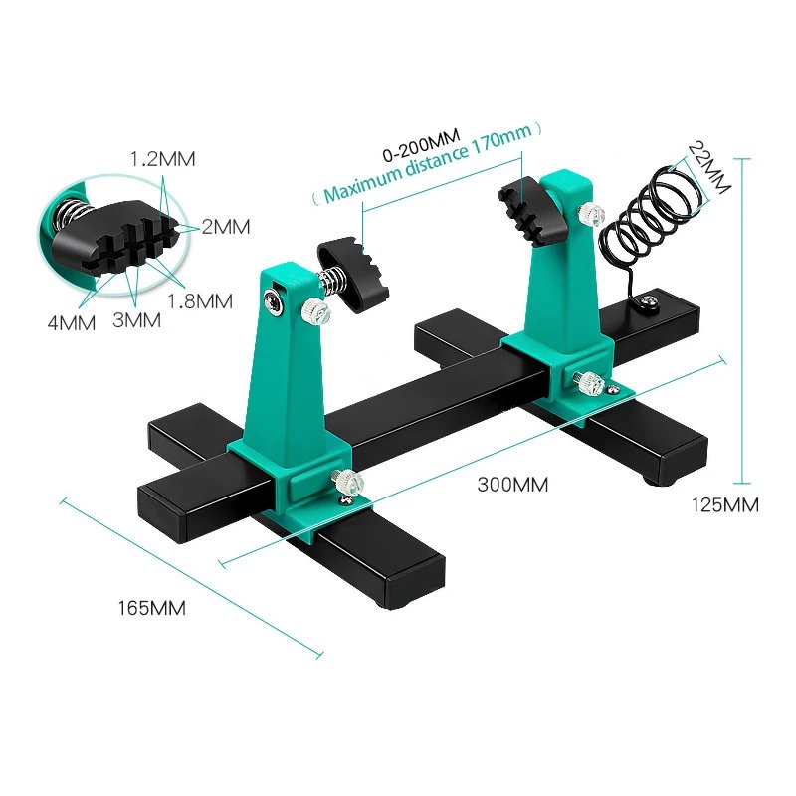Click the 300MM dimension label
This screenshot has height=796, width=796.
512,485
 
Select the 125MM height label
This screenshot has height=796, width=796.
725,504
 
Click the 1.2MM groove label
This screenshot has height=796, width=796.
164,158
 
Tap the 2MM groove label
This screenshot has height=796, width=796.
225,226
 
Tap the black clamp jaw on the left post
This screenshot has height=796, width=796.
353,270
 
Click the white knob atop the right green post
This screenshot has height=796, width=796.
594,212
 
